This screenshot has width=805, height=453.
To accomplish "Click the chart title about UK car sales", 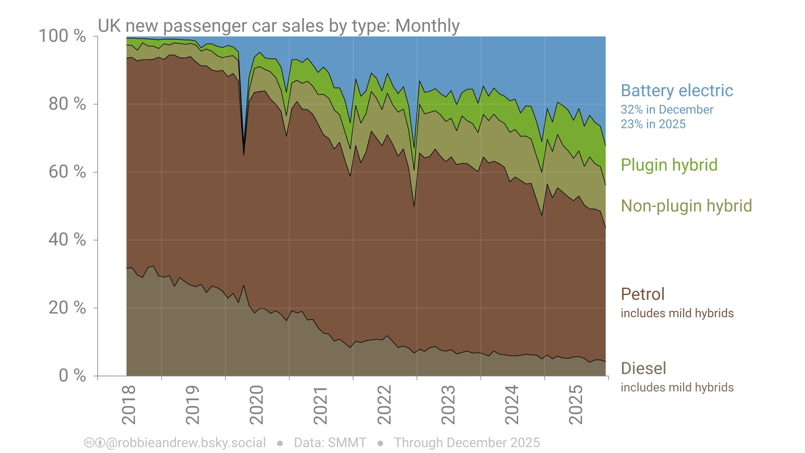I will coord(279,26).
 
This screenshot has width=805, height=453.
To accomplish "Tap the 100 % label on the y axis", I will coord(62,36).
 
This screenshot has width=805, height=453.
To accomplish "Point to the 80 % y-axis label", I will coord(67,104).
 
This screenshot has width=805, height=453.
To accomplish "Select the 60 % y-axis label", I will coord(67,172).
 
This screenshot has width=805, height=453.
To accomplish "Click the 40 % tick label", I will coord(67,240).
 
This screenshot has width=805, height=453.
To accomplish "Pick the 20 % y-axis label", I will coord(67,308).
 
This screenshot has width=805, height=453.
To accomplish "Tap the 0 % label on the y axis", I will coord(72,375).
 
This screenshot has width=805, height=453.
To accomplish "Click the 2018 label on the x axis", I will coord(129,405).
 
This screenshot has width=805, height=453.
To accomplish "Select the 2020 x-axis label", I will coord(256,405).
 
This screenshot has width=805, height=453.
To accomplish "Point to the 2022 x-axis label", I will coord(384,405).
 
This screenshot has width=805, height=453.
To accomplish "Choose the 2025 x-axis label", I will coord(576,405).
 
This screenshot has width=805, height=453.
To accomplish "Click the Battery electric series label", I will coord(677,91).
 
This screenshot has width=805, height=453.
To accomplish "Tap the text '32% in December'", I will coord(667,110).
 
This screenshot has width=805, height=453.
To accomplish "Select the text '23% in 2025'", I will coord(653,124).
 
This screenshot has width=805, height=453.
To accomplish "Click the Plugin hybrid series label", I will coord(669,165).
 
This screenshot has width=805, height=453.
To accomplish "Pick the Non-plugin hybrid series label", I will coord(686,206).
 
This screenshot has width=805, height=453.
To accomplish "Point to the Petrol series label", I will coord(642,294).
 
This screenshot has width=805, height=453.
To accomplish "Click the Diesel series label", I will coord(643,369).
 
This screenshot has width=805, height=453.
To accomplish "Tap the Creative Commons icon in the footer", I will coord(89,443).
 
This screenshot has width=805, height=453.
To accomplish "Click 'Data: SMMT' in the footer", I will coord(330,443).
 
